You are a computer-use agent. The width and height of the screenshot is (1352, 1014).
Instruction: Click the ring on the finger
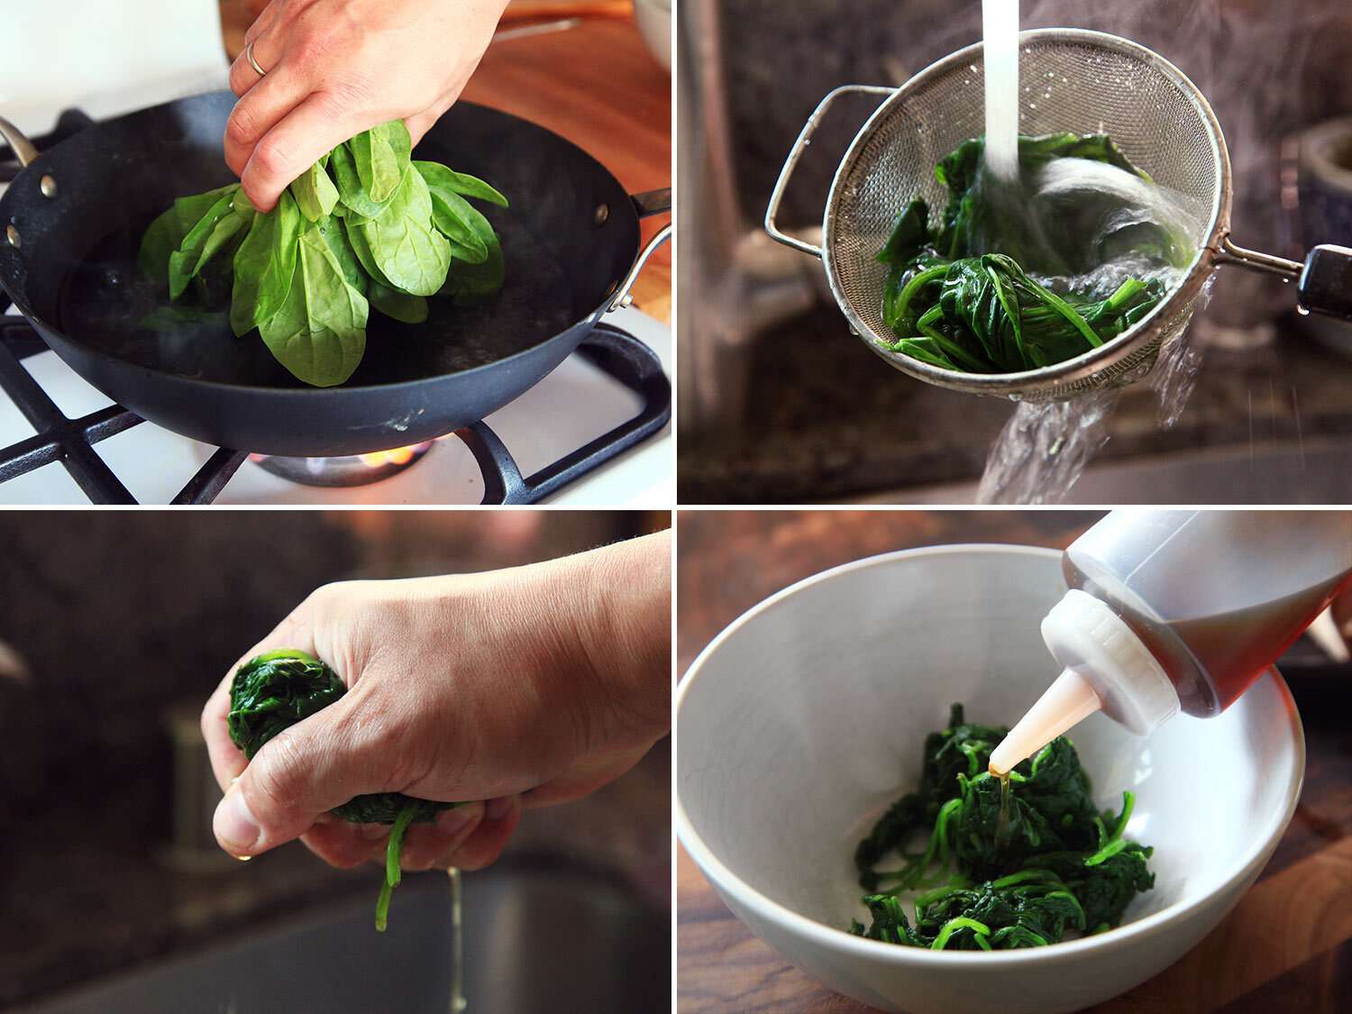256,59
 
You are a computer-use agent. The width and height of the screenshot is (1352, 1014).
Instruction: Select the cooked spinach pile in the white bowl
1000,847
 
